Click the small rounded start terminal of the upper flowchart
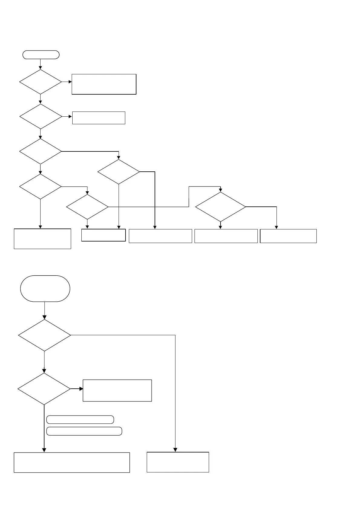click(41, 55)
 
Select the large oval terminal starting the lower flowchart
click(45, 288)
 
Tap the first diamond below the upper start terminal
click(41, 82)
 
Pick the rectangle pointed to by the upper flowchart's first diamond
click(104, 84)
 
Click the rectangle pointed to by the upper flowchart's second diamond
click(99, 118)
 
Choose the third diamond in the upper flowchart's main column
click(41, 151)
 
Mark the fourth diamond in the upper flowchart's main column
click(41, 186)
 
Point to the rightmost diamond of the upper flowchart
click(221, 207)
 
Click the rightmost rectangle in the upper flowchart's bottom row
click(288, 236)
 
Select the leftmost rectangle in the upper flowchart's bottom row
click(42, 239)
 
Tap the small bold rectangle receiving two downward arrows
click(103, 235)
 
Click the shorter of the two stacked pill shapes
click(80, 420)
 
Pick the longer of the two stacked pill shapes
click(84, 431)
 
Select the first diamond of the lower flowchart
click(44, 335)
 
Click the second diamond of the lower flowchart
click(44, 389)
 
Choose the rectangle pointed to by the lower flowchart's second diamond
click(117, 391)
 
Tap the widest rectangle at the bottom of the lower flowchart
click(72, 462)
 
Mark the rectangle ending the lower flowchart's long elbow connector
click(178, 462)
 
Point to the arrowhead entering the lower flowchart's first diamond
click(44, 317)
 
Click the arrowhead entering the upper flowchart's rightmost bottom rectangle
click(276, 227)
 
